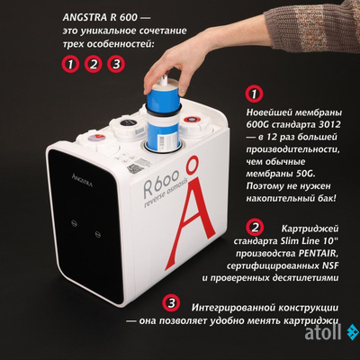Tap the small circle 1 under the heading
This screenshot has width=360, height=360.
(x=70, y=64)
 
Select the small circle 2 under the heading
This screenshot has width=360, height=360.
(x=93, y=64)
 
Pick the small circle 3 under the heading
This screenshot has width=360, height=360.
(x=115, y=64)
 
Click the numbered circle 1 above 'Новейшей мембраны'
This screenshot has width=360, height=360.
(x=256, y=94)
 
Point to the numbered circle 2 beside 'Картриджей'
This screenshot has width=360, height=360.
(x=256, y=227)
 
